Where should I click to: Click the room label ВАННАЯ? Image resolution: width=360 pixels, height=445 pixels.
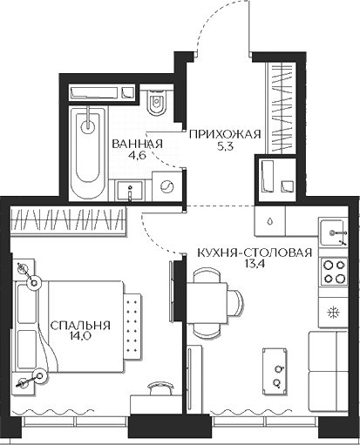coord(137,144)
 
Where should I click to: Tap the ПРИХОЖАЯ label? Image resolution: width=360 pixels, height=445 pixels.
coord(225,135)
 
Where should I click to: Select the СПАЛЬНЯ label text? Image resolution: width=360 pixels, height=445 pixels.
coord(80,326)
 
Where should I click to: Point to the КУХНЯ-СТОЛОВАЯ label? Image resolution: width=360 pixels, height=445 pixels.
coord(255,253)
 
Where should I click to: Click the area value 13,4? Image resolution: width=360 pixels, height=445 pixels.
coord(254,264)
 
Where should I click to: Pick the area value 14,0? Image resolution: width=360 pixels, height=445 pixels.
coord(80,337)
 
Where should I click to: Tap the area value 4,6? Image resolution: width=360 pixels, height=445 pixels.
coord(137,155)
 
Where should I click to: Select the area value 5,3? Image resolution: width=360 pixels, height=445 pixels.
coord(225,146)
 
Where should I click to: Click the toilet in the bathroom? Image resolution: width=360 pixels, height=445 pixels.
coord(156,102)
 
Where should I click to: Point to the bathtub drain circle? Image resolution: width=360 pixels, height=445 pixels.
coord(88,126)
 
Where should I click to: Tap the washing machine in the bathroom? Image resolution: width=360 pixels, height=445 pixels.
coord(166,186)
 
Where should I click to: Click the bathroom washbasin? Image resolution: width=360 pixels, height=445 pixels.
coord(130,190)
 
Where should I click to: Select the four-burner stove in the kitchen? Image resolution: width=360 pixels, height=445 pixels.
coord(334,272)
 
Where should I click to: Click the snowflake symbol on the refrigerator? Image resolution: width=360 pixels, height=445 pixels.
coord(333,313)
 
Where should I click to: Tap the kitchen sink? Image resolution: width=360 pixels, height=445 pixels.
coord(334,233)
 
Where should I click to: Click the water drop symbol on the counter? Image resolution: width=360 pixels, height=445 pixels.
coord(270,221)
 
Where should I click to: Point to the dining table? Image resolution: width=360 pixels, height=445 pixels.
coord(207,303)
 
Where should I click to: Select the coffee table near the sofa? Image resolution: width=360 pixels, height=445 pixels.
coord(275,372)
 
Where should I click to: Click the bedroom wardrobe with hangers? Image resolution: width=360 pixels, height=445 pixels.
coord(69,220)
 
